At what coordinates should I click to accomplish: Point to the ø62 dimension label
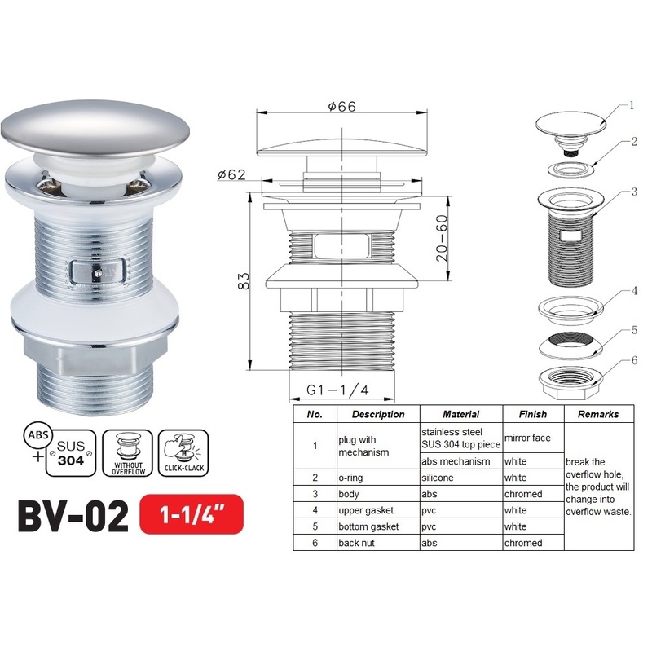(x=233, y=173)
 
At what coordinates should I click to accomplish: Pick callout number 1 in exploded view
(x=631, y=105)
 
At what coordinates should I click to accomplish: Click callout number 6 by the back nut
(x=633, y=360)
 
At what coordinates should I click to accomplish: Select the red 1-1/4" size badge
(x=191, y=515)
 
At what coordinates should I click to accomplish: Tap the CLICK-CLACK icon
(x=183, y=452)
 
